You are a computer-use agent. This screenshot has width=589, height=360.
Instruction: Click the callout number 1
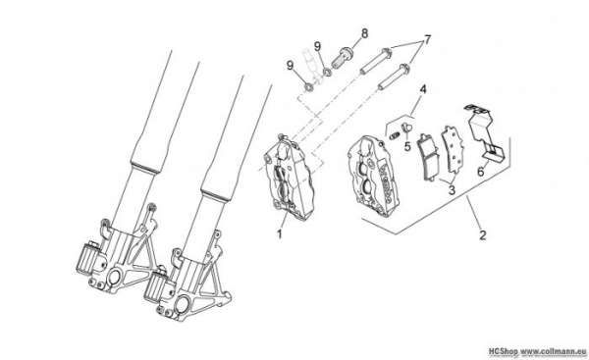[x=279, y=234]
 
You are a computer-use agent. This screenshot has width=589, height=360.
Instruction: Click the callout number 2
[x=483, y=235]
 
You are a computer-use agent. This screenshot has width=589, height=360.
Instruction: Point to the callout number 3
[x=452, y=190]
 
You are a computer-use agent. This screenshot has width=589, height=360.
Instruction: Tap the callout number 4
[x=423, y=89]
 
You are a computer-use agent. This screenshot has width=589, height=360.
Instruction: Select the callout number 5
[x=407, y=146]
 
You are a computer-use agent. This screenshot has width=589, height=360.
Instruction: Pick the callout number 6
[x=480, y=172]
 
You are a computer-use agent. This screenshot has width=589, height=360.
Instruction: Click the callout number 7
[x=427, y=39]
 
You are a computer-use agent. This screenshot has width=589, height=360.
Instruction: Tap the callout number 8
[x=364, y=33]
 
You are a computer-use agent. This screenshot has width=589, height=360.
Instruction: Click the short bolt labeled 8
[x=341, y=57]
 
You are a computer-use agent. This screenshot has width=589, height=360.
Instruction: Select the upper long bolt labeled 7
[x=376, y=61]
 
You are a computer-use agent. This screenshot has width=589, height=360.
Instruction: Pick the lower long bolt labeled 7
[x=394, y=77]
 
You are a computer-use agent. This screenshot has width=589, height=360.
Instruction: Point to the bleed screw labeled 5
[x=405, y=127]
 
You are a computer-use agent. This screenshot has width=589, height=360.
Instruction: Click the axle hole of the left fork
[x=114, y=279]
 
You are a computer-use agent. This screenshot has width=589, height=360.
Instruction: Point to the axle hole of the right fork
[x=183, y=302]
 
